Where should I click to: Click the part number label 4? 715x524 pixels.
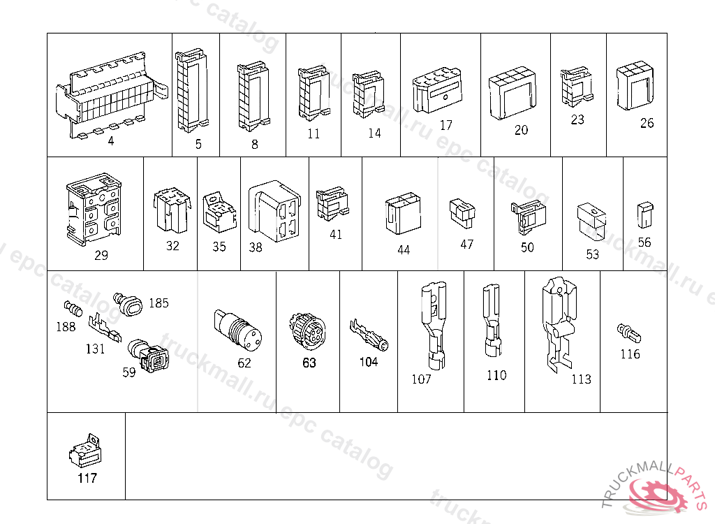click(x=111, y=141)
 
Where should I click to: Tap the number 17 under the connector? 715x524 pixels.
click(x=446, y=125)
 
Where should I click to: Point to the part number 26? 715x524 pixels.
click(x=647, y=123)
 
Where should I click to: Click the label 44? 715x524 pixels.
click(x=404, y=249)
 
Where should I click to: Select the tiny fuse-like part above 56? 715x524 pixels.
click(x=644, y=215)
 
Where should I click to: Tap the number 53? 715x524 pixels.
click(x=592, y=254)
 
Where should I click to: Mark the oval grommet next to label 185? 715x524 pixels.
click(x=131, y=305)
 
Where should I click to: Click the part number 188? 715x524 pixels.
click(x=66, y=326)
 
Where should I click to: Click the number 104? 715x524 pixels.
click(x=369, y=361)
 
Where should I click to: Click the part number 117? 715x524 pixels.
click(x=87, y=479)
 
